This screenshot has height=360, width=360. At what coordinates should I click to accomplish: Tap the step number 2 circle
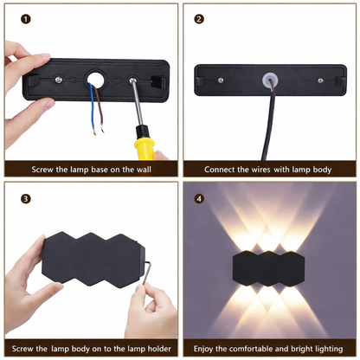(x=199, y=18)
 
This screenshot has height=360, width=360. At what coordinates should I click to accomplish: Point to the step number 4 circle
(x=199, y=198)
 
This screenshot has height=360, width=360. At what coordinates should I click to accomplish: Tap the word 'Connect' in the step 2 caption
(x=221, y=170)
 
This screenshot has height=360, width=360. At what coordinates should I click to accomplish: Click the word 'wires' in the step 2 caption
(x=270, y=170)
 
